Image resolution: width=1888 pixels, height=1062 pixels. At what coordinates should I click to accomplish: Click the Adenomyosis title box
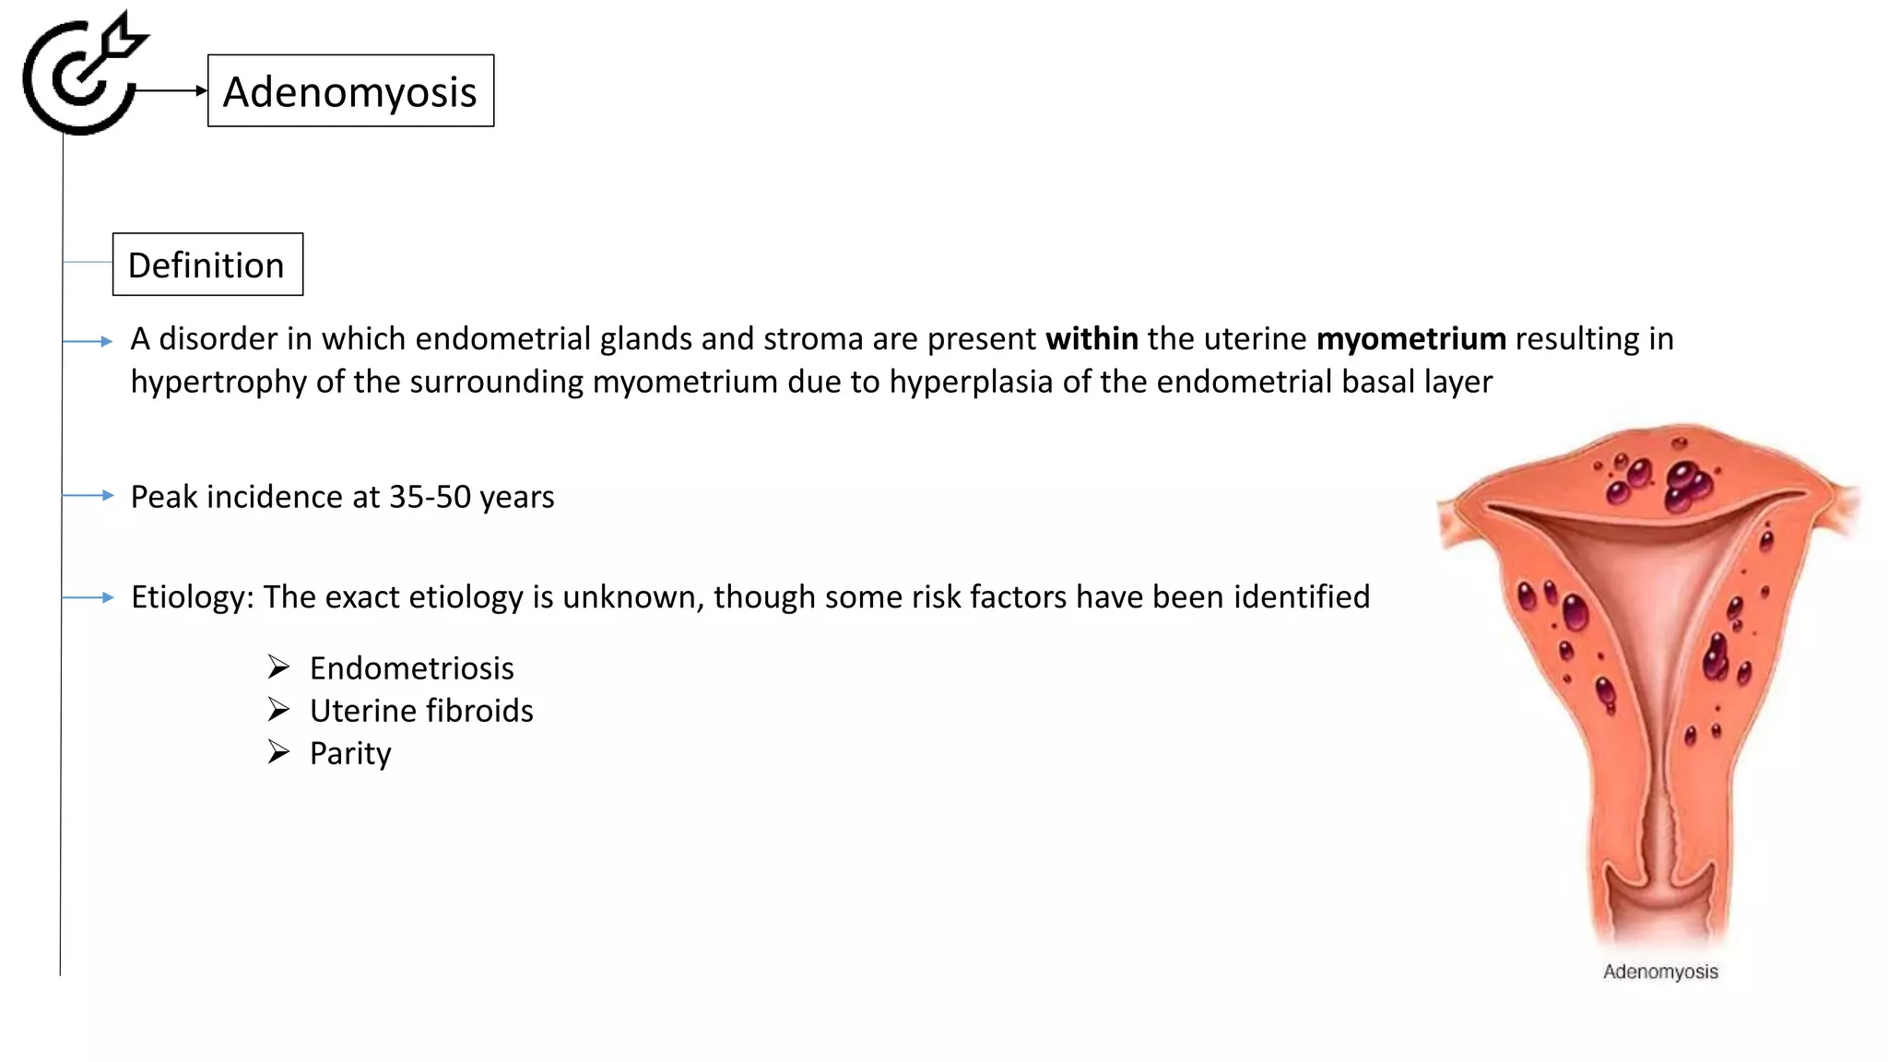tap(350, 91)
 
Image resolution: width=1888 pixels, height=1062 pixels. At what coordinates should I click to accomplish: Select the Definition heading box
tap(207, 265)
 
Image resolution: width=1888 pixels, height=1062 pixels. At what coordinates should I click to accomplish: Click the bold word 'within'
tap(1091, 338)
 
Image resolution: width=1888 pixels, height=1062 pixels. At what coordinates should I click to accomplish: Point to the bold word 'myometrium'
tap(1410, 338)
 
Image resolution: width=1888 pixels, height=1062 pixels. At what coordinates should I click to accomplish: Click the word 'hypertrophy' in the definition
tap(218, 382)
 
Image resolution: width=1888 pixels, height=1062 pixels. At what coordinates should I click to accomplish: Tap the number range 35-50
tap(430, 497)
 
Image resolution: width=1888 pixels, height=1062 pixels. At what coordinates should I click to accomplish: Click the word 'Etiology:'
tap(192, 597)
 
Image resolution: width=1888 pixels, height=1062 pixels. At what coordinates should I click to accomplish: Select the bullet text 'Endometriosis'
tap(411, 668)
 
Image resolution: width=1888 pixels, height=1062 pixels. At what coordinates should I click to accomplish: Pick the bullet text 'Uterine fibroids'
tap(421, 711)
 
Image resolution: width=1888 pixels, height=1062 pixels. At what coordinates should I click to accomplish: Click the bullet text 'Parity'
tap(350, 754)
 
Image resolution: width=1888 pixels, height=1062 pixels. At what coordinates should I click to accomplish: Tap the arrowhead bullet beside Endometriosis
tap(278, 667)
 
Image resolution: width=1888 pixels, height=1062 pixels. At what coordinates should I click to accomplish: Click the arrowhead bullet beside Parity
tap(278, 752)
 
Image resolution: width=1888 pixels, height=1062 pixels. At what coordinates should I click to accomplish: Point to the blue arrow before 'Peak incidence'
tap(88, 496)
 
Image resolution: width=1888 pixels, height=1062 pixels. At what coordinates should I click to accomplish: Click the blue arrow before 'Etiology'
tap(88, 597)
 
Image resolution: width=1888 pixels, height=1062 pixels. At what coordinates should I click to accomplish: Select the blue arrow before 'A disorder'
tap(88, 341)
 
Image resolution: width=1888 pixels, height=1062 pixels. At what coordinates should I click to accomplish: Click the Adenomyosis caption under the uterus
tap(1660, 972)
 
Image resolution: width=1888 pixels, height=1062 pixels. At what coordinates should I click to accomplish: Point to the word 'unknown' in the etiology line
tap(633, 597)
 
